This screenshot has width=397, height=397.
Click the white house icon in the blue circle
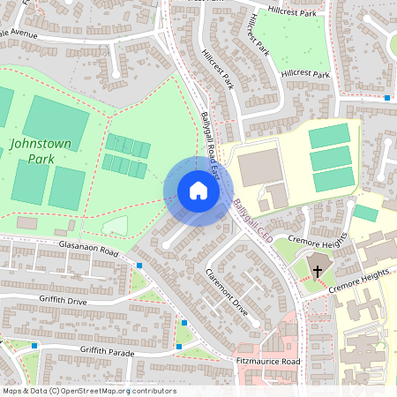point(198,191)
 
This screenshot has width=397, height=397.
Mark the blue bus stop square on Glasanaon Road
point(139,265)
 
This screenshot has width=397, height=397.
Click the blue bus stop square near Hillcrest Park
point(387,97)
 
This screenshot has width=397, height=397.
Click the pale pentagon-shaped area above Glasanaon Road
point(116,226)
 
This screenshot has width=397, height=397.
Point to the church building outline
point(316,268)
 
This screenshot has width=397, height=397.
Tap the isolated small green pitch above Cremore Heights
point(364,213)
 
